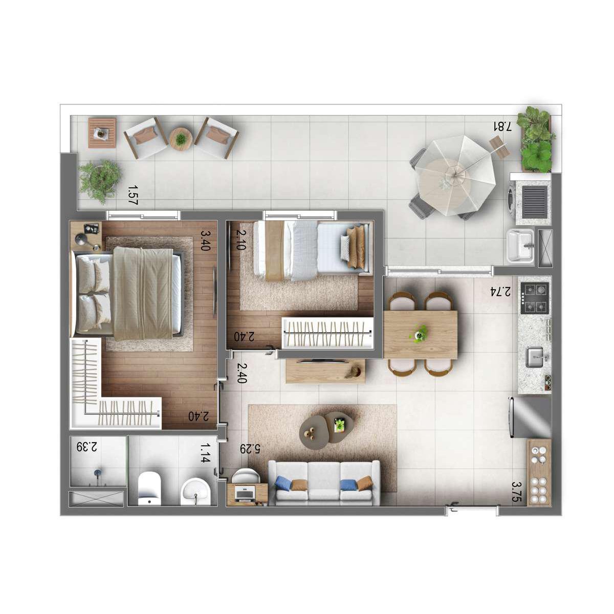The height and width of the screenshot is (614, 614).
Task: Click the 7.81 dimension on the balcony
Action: (502, 126)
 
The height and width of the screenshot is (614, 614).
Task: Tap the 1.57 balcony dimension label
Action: (132, 195)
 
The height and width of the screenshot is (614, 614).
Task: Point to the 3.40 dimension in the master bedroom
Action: (205, 240)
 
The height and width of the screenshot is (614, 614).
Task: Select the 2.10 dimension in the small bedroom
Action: (241, 240)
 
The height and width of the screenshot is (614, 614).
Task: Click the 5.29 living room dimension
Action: (250, 449)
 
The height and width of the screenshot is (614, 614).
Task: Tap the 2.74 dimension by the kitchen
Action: (500, 291)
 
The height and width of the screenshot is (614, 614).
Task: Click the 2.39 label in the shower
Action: (86, 447)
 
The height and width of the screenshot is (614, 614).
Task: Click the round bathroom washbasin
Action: (195, 491)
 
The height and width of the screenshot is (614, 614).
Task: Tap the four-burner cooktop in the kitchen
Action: (535, 298)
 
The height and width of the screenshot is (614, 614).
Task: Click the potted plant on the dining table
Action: (419, 333)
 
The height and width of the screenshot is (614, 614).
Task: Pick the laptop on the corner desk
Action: (245, 494)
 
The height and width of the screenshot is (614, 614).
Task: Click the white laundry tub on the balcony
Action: (520, 247)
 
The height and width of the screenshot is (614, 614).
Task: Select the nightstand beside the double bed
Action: (86, 236)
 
